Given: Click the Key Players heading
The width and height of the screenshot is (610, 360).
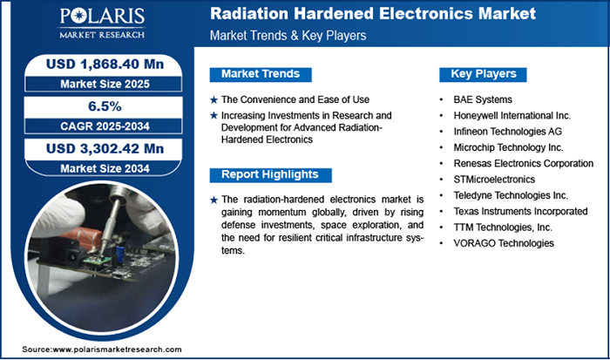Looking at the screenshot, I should tap(483, 74).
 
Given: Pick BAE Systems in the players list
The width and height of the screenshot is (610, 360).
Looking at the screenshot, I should tap(483, 99).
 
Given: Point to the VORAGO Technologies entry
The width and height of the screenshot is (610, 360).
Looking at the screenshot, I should tap(504, 243).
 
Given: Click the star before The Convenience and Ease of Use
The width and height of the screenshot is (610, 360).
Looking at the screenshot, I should tap(213, 99).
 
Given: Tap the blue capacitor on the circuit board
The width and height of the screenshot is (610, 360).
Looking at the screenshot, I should tap(115, 248).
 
